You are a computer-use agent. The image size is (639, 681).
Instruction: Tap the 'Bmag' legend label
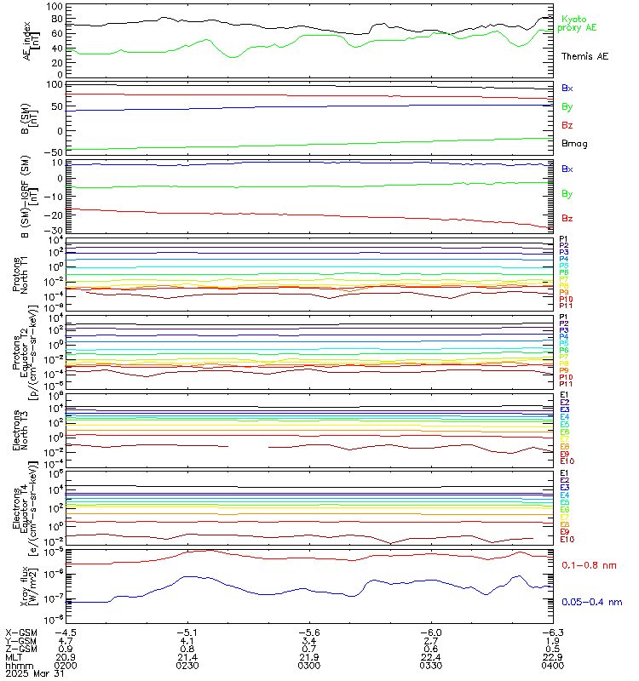[x=572, y=144]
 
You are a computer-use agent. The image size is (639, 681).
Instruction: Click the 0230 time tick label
[x=187, y=666]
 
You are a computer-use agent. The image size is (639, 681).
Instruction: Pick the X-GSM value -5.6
[x=308, y=632]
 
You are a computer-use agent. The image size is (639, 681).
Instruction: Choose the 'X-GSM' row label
[x=21, y=632]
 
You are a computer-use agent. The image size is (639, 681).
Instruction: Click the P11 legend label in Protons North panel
[x=564, y=305]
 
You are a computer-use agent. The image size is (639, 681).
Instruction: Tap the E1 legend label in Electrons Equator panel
[x=563, y=473]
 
